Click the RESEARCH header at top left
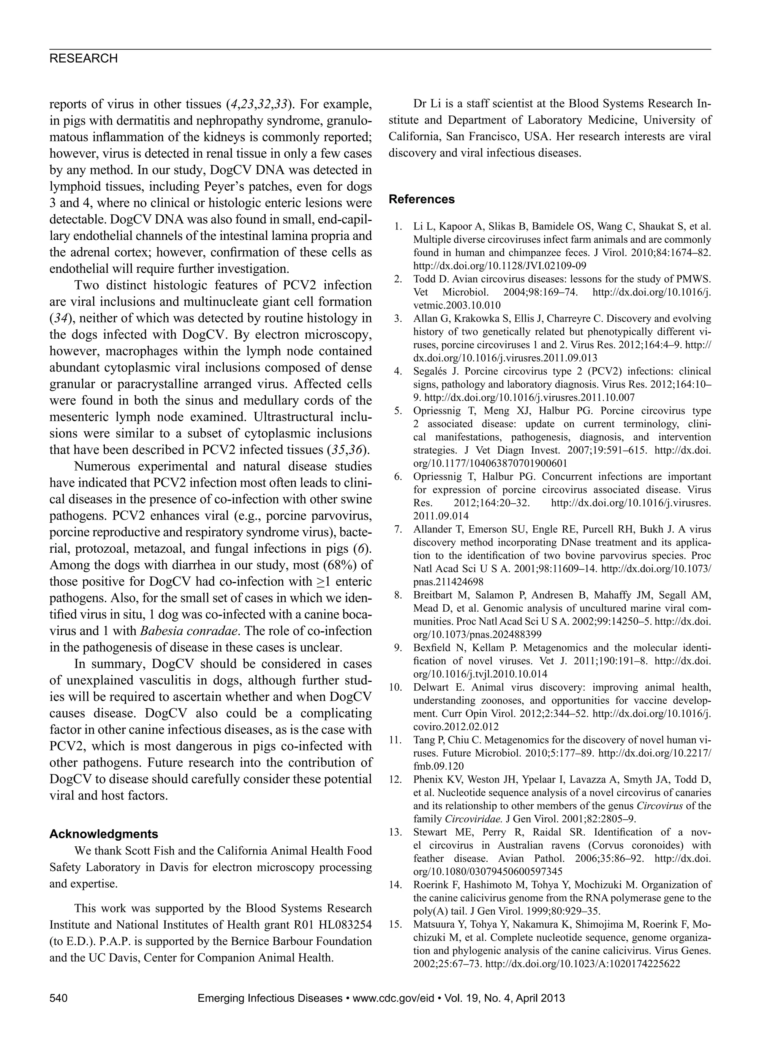pyautogui.click(x=84, y=58)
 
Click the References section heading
pyautogui.click(x=421, y=199)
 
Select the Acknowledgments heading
pyautogui.click(x=104, y=834)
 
